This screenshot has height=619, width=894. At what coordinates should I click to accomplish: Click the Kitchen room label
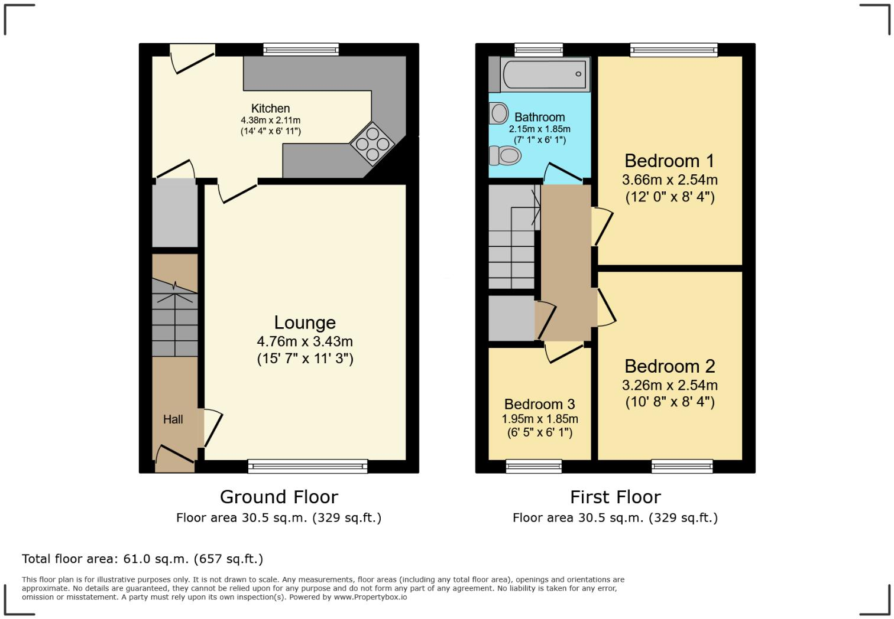coord(270,108)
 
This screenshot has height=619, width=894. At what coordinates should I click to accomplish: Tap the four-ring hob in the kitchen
coord(372,144)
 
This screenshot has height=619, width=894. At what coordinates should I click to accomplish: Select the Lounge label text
coord(305,322)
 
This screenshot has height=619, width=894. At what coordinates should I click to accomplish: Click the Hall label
coord(173,419)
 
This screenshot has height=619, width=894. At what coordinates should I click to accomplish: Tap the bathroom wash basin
coord(498,113)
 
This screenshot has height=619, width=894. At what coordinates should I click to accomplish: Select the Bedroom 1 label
coord(669,161)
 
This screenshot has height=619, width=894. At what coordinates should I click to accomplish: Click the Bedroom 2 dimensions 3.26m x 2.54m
coord(669,386)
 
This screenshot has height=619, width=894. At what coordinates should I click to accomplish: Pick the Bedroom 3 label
coord(539,405)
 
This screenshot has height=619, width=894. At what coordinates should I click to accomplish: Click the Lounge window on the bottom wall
coord(307,467)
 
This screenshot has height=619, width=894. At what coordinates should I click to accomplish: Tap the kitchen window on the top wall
coord(301,50)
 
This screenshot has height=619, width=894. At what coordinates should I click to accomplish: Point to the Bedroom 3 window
coord(533,467)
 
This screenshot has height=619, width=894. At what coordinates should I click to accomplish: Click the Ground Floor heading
coord(278,497)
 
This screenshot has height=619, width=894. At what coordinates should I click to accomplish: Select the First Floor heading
coord(615,497)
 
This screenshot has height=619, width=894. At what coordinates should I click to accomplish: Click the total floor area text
coord(142,559)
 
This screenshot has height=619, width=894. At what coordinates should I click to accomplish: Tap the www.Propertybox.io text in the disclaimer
coord(370,597)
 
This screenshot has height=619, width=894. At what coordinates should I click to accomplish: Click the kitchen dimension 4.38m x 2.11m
coord(270,120)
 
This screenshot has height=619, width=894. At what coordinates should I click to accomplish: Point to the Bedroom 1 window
coord(673,50)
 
